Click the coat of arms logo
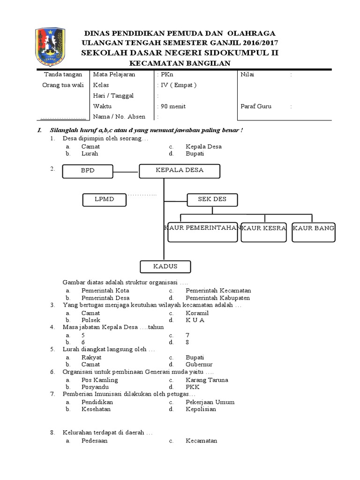point(51,47)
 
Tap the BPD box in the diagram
point(88,171)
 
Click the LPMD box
point(105,200)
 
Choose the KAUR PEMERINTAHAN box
point(202,232)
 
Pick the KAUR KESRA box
point(263,232)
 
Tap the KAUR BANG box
point(313,232)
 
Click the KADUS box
point(165,267)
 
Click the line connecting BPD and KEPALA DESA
point(126,172)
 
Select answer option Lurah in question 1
point(90,153)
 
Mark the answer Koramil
point(197,313)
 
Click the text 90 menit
point(173,106)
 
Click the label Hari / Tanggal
point(113,96)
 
